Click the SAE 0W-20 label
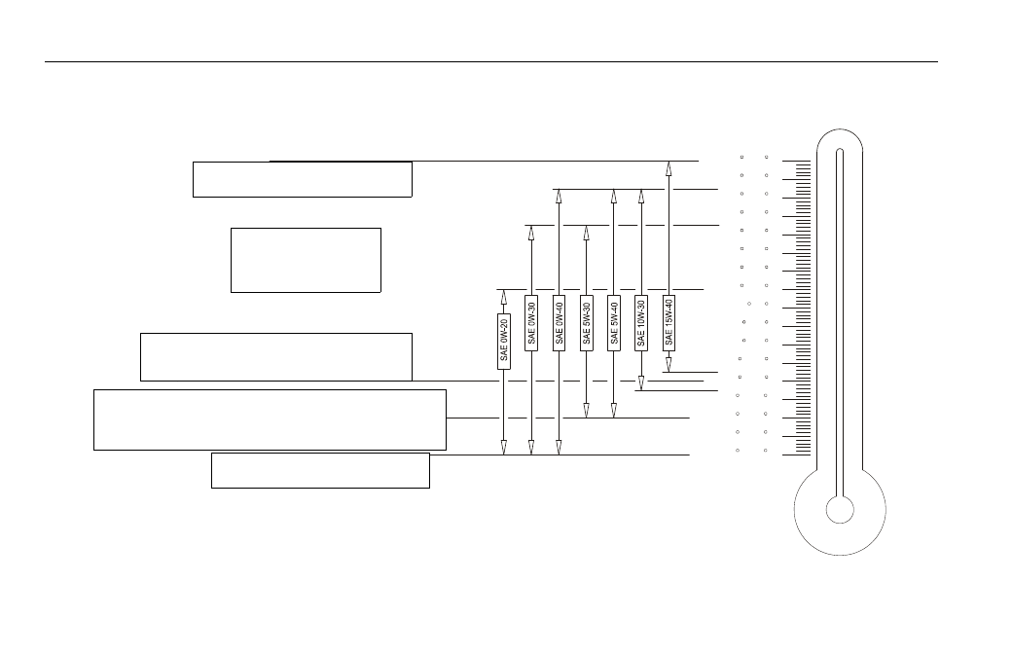pyautogui.click(x=503, y=342)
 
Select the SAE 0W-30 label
pyautogui.click(x=531, y=323)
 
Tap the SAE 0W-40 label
pyautogui.click(x=559, y=323)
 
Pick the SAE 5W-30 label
pyautogui.click(x=586, y=323)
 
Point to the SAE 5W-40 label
pyautogui.click(x=614, y=323)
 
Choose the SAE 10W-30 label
pyautogui.click(x=641, y=323)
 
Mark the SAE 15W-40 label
pyautogui.click(x=669, y=323)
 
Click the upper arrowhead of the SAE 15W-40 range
pyautogui.click(x=669, y=167)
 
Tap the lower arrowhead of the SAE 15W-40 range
pyautogui.click(x=669, y=365)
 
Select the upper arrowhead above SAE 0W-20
pyautogui.click(x=503, y=296)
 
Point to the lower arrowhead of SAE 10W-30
pyautogui.click(x=641, y=383)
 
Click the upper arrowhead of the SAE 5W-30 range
pyautogui.click(x=586, y=233)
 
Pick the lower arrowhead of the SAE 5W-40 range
pyautogui.click(x=614, y=411)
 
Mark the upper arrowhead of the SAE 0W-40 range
pyautogui.click(x=559, y=197)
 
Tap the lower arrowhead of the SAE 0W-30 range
pyautogui.click(x=531, y=448)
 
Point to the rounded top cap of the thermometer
pyautogui.click(x=840, y=129)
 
